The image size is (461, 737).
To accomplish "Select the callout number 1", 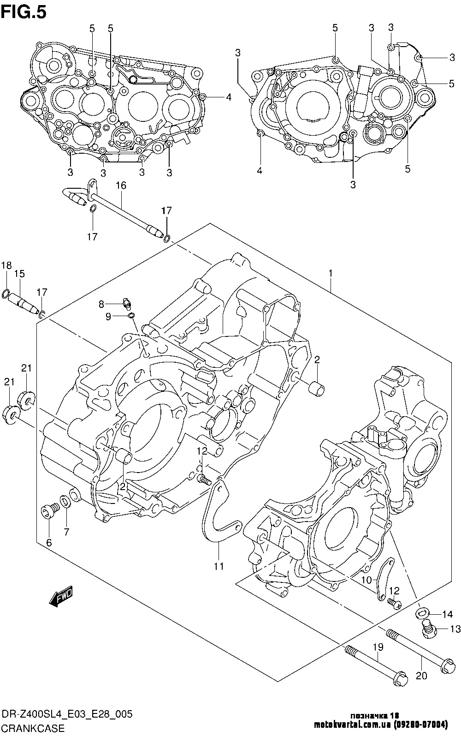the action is coord(330,273).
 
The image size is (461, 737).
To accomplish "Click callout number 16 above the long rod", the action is coord(121,186).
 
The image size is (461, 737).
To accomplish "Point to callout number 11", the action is coord(219,566).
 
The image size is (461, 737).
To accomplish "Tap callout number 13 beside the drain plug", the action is coord(455,629).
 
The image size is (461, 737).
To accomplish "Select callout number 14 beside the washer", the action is coord(448,614).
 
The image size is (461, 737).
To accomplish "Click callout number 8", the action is coord(101,304).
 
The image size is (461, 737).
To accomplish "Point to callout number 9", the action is coord(108,317).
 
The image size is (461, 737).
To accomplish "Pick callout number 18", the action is coord(6,265).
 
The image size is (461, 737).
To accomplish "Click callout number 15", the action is coord(19,273).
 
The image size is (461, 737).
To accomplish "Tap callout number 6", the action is coord(49,543).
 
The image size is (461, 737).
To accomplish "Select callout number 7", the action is coord(67,532).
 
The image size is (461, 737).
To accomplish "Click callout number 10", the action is coord(367,580).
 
